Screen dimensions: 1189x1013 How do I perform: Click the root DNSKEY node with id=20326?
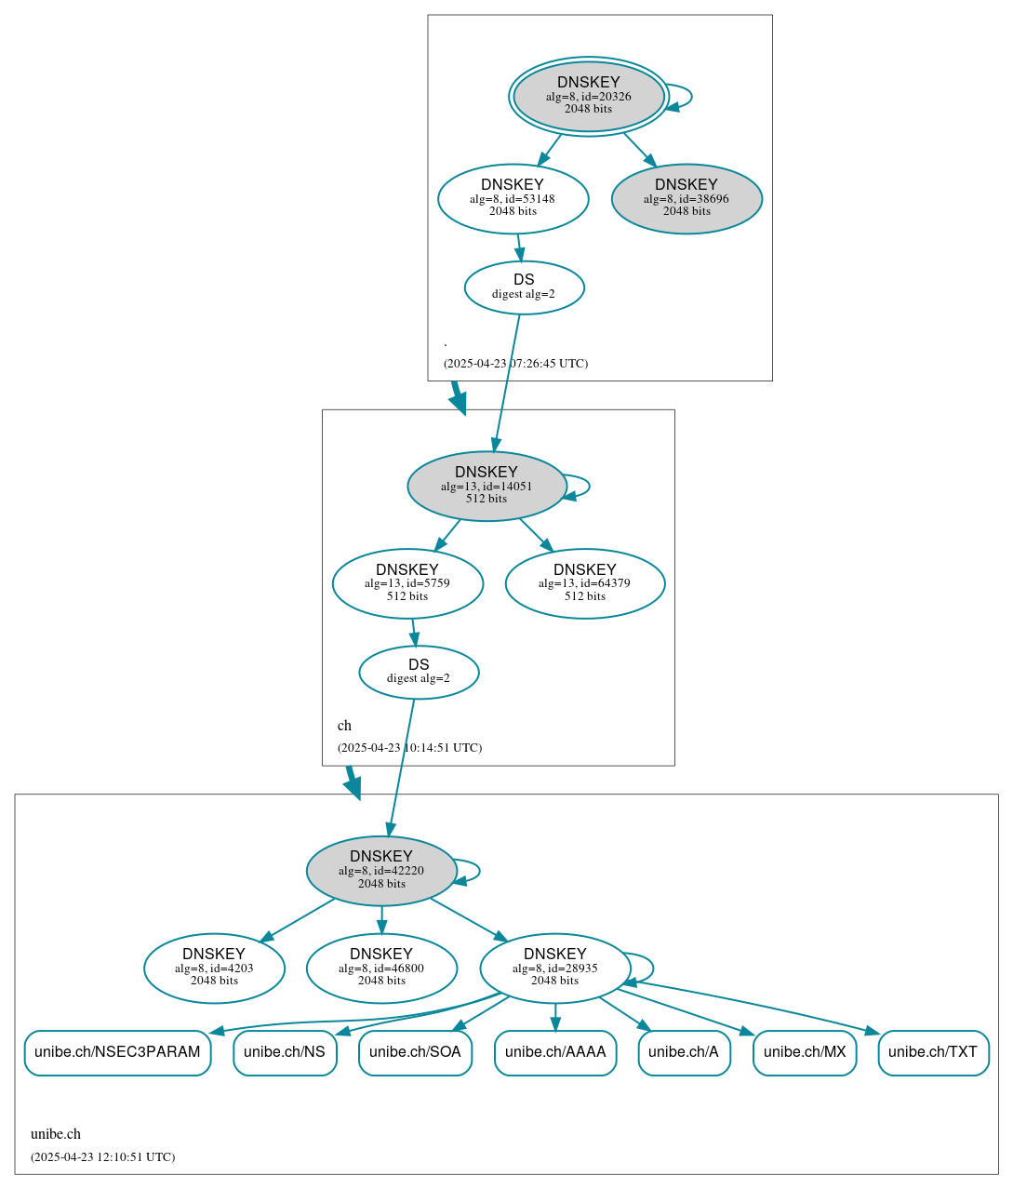[x=588, y=96]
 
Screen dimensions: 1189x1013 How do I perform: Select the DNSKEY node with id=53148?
[x=513, y=198]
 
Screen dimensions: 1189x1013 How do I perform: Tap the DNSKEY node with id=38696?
[x=686, y=198]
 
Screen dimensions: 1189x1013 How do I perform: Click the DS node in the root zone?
[x=524, y=287]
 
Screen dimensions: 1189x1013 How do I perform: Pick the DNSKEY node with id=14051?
[x=487, y=486]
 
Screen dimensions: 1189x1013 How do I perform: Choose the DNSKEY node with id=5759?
[x=407, y=583]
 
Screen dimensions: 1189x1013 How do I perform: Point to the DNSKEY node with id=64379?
[x=584, y=583]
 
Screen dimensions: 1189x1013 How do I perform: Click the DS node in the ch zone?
[x=419, y=672]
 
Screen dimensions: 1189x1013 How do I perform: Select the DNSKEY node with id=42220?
[x=381, y=870]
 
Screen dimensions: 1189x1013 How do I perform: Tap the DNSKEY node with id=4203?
[x=214, y=968]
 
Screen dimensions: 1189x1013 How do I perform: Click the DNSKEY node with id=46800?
[x=381, y=968]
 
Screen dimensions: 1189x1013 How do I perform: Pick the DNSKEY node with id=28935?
[x=555, y=968]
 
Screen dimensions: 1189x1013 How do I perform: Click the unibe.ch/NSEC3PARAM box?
[x=117, y=1052]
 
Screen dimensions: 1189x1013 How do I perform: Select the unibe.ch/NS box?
[x=285, y=1052]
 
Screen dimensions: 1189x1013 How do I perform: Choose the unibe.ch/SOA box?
[x=415, y=1052]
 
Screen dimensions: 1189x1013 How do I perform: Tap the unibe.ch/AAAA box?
[x=555, y=1052]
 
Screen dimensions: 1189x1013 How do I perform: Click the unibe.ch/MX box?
[x=805, y=1052]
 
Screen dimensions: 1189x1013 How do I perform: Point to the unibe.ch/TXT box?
[x=933, y=1052]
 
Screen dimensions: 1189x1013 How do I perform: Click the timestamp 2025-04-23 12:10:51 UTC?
[x=102, y=1157]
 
